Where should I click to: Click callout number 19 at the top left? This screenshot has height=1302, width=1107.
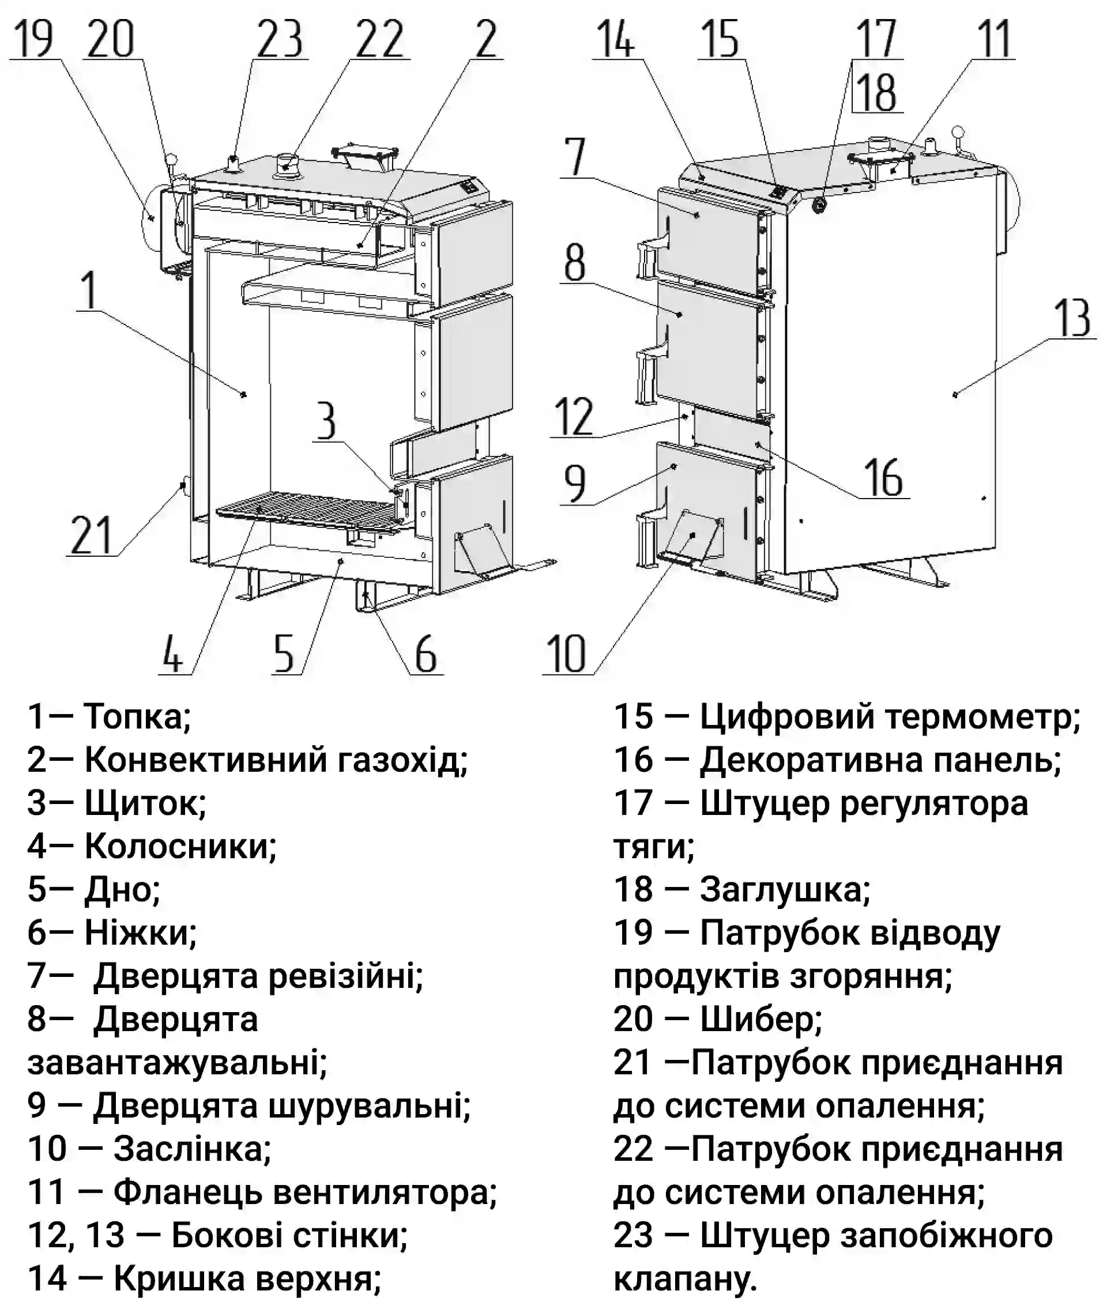pos(33,39)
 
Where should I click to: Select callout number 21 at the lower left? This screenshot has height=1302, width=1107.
pos(91,535)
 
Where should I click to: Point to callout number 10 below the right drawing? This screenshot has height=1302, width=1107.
pos(566,654)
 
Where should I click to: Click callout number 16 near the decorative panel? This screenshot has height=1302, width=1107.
pos(884,478)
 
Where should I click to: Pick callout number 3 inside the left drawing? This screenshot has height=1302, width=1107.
pos(326,421)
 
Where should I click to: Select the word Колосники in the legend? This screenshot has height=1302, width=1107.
pos(180,846)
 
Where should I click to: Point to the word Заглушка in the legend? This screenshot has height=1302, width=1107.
pos(785,889)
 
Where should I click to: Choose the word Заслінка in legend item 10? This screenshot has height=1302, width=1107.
pos(192,1149)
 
